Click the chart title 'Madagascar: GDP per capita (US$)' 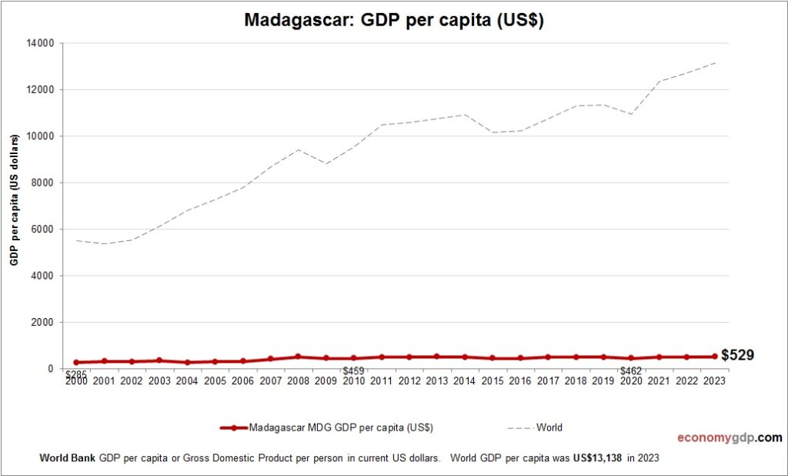[394, 21]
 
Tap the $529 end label [737, 355]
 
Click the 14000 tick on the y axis [41, 43]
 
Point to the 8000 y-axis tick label [43, 183]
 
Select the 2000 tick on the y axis [43, 322]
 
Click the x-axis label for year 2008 [298, 380]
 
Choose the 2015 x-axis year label [492, 380]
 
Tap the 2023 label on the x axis [713, 380]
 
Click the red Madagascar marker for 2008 [298, 357]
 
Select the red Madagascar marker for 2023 [714, 357]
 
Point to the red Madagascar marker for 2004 [187, 362]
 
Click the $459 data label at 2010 [353, 370]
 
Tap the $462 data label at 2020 [631, 370]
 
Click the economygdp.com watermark [729, 438]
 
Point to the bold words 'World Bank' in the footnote [67, 458]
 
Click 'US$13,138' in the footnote [597, 458]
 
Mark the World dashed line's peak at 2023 [714, 63]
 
